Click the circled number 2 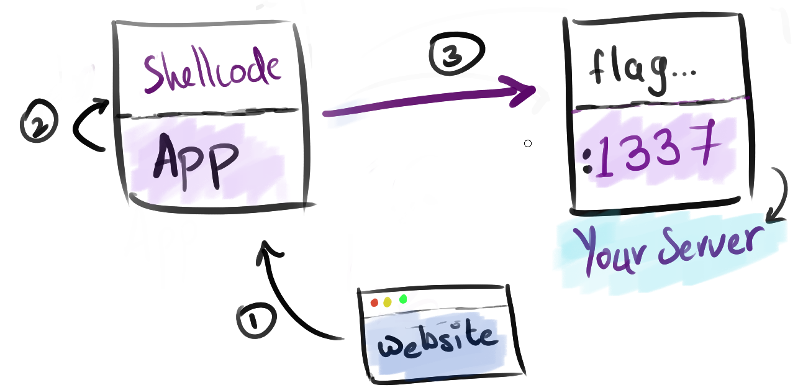tap(39, 124)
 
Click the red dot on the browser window tap(374, 302)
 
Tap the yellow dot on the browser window tap(388, 302)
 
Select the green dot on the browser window tap(403, 299)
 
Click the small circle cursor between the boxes tap(528, 144)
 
